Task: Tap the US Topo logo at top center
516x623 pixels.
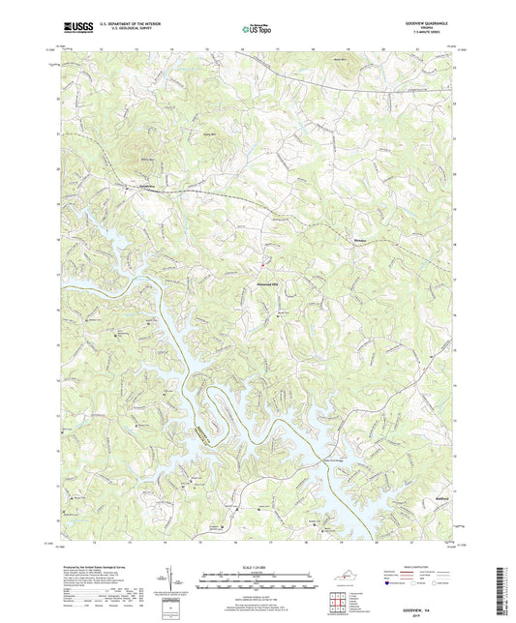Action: [x=256, y=30]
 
